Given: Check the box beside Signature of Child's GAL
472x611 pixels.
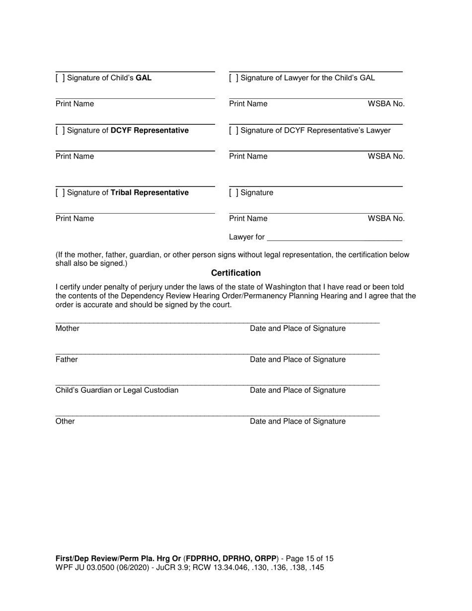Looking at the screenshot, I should (x=60, y=78).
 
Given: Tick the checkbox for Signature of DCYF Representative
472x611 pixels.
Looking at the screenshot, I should (x=60, y=131).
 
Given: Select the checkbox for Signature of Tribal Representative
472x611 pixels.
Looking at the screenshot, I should (x=60, y=193).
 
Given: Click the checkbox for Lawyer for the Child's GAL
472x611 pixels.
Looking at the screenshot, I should (x=234, y=78).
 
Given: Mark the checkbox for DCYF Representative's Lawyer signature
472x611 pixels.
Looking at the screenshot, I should (x=234, y=131).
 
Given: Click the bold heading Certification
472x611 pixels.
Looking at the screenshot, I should (x=236, y=273).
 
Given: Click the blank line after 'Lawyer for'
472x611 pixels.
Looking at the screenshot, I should (x=334, y=237).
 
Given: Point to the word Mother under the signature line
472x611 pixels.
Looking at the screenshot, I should (x=67, y=328).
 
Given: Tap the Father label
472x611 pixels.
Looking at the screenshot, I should (x=66, y=359).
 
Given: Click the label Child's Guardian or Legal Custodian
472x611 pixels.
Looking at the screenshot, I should (x=117, y=390).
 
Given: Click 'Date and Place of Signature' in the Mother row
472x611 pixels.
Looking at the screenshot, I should (x=297, y=328).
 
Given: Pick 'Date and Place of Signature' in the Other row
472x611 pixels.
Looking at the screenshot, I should (x=297, y=421).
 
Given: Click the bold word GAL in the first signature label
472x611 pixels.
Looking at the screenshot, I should (x=144, y=78).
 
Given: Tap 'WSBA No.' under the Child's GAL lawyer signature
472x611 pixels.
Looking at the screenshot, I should (x=386, y=104).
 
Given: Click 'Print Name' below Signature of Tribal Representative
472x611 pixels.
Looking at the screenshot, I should (x=75, y=219).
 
